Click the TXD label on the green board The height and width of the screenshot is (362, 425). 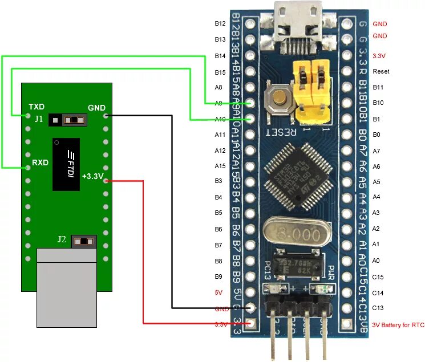(x=37, y=107)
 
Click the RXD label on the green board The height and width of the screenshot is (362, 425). (x=40, y=162)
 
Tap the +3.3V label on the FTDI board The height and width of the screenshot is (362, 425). (x=92, y=176)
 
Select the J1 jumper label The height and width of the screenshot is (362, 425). (x=38, y=119)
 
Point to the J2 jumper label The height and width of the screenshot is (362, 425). (x=62, y=239)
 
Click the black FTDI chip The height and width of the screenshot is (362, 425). (x=66, y=164)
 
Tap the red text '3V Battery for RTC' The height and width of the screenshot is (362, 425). (x=398, y=325)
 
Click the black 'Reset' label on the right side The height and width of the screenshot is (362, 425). (x=381, y=71)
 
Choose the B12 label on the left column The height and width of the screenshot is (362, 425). (x=220, y=23)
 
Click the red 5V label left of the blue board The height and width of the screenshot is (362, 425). (x=219, y=292)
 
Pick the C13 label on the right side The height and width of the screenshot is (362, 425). (x=378, y=308)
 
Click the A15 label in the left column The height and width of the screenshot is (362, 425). (x=220, y=166)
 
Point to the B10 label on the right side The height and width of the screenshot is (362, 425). (x=378, y=103)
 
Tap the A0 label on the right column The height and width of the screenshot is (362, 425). (x=376, y=260)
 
